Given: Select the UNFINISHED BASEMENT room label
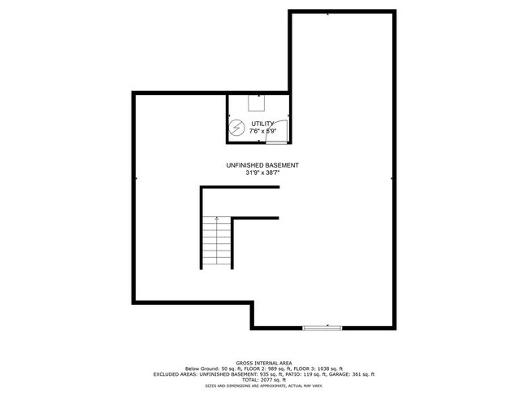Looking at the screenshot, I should tap(262, 165).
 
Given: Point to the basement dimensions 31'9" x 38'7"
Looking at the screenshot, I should tap(262, 172).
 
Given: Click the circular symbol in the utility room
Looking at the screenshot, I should tap(237, 128).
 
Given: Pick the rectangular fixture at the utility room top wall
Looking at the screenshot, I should tap(256, 102).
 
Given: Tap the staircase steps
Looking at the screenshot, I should tap(217, 243).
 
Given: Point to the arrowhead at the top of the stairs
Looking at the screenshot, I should tap(217, 218).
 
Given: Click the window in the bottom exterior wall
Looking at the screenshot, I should tap(322, 328).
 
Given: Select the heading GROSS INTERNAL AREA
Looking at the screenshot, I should tap(264, 363).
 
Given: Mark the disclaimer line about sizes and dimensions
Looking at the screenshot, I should tap(264, 386).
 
